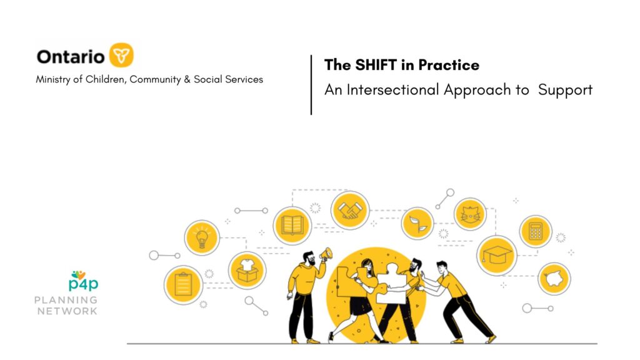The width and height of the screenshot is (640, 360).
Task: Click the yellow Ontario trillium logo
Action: pyautogui.click(x=121, y=55)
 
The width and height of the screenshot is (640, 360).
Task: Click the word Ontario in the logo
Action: pyautogui.click(x=71, y=57)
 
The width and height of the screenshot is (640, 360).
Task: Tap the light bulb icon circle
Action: pyautogui.click(x=202, y=237)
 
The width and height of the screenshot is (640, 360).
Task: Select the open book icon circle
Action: pyautogui.click(x=292, y=226)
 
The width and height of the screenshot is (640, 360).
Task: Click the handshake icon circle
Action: pyautogui.click(x=350, y=211)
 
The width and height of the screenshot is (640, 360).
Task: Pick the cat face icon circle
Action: pyautogui.click(x=470, y=214)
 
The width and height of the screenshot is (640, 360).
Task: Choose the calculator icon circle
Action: pyautogui.click(x=536, y=231)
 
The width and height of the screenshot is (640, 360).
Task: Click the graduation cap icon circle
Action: pyautogui.click(x=497, y=256)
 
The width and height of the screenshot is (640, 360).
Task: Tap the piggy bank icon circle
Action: pyautogui.click(x=554, y=279)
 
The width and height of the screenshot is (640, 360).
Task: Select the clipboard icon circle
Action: pyautogui.click(x=183, y=285)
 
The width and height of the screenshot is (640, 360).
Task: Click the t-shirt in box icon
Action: pyautogui.click(x=247, y=270)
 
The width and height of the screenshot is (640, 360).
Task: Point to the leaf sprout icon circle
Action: pyautogui.click(x=417, y=223)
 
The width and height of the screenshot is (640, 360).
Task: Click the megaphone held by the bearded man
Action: pyautogui.click(x=326, y=254)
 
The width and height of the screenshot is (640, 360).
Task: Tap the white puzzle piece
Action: pyautogui.click(x=391, y=284)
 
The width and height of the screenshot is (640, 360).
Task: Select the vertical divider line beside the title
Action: pyautogui.click(x=311, y=85)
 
